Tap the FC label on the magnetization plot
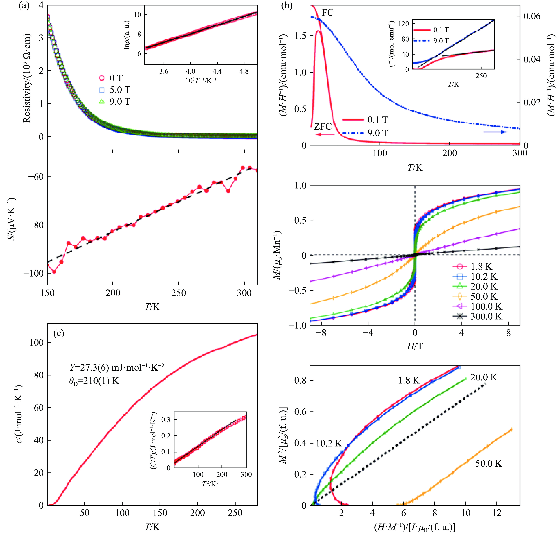(x=328, y=13)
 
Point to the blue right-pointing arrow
(x=495, y=132)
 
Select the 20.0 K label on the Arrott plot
(x=484, y=377)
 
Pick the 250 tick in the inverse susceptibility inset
(x=481, y=76)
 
